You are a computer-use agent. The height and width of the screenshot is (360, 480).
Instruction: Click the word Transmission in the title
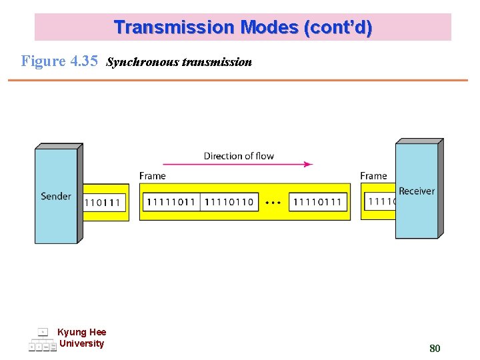[175, 27]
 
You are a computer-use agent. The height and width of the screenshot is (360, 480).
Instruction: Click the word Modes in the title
[269, 27]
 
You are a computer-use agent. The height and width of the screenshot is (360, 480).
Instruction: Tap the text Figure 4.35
[59, 61]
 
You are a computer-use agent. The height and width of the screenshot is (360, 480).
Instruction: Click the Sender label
[56, 196]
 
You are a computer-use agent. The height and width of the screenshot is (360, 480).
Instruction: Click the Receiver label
[417, 191]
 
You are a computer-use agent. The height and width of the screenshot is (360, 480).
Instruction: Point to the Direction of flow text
[239, 156]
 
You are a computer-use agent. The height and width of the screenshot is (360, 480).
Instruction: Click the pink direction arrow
[238, 164]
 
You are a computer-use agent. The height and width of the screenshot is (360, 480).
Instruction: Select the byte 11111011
[171, 202]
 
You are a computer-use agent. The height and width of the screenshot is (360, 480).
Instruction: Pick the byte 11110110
[229, 202]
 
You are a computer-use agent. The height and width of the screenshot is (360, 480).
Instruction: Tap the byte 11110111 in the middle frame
[317, 202]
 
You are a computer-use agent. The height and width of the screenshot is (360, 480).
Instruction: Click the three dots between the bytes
[273, 202]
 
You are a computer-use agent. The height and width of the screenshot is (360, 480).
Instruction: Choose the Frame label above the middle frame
[153, 176]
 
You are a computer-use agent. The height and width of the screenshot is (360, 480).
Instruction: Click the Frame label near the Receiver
[373, 176]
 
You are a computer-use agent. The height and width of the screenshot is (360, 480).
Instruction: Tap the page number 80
[435, 348]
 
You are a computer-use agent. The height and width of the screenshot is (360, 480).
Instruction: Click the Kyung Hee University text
[81, 338]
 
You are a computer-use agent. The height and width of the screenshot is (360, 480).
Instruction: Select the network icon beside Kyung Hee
[42, 340]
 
